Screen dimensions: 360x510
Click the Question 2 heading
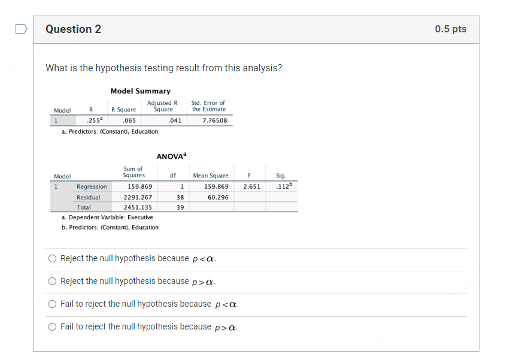coord(73,29)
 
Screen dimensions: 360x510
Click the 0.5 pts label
coord(450,29)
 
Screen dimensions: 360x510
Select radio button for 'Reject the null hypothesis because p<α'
coord(53,259)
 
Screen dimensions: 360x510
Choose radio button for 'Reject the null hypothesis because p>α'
coord(53,282)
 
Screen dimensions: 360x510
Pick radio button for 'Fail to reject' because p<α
coord(53,304)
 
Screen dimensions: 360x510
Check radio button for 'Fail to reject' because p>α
coord(53,327)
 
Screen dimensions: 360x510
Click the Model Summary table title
coord(140,91)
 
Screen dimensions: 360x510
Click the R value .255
coord(92,120)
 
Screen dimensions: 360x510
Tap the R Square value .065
coord(120,120)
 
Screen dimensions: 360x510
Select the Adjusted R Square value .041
coord(175,120)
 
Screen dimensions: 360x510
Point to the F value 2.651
coord(251,186)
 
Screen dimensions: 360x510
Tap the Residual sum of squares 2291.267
coord(138,197)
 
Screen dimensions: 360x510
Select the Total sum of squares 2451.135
coord(138,207)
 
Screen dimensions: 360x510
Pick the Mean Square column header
coord(211,176)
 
